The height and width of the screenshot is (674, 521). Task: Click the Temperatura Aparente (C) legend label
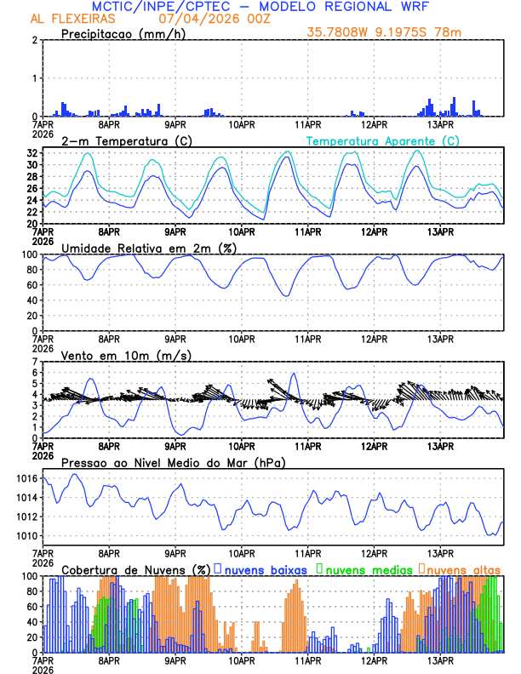tap(383, 140)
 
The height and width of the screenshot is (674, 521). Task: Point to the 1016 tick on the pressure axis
tap(27, 479)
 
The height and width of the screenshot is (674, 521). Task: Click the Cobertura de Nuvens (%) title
tap(135, 569)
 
